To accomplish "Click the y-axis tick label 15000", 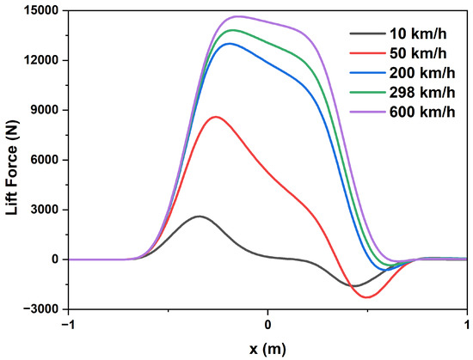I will click(x=40, y=11).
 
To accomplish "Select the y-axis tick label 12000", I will click(x=40, y=61).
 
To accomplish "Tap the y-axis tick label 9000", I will click(x=43, y=111).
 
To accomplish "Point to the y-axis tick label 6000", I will click(x=43, y=160).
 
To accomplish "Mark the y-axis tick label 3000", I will click(x=43, y=210).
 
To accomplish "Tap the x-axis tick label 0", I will click(x=268, y=325).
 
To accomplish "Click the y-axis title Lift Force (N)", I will click(x=11, y=160).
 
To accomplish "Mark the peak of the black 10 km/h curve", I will click(x=200, y=217).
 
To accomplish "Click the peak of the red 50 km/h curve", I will click(x=216, y=117).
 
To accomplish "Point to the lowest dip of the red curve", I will click(x=367, y=297).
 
